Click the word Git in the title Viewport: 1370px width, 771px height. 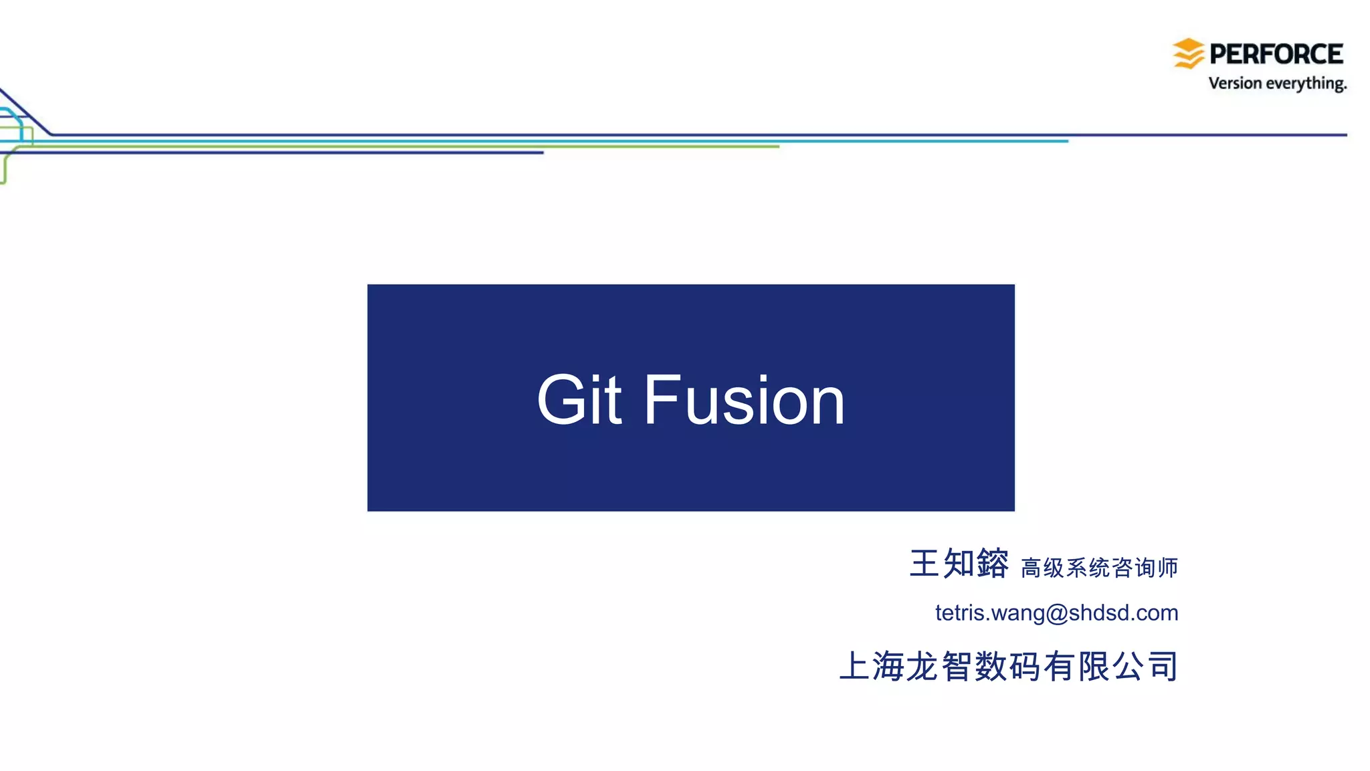coord(579,400)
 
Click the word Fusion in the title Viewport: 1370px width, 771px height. coord(744,400)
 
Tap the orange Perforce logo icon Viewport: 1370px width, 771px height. coord(1188,53)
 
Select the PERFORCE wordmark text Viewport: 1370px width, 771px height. coord(1276,54)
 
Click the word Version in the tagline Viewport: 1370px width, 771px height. coord(1234,83)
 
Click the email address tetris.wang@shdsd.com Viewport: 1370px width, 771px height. coord(1056,613)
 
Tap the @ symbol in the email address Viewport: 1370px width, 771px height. coord(1056,613)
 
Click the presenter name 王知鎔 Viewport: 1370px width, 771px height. coord(959,563)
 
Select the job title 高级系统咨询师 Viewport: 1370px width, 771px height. coord(1099,568)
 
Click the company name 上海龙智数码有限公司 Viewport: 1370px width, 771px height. coord(1009,666)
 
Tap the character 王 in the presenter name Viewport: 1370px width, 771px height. coord(924,563)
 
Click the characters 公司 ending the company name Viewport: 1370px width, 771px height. coord(1145,666)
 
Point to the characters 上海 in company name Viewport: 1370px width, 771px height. coord(872,666)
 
